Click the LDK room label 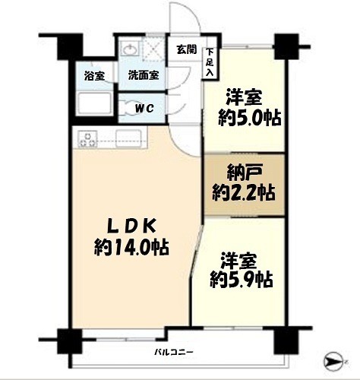point(131,226)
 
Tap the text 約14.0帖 point(131,247)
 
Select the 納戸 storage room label point(244,173)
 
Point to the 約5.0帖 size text point(250,118)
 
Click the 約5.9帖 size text point(242,280)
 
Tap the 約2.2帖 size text point(244,193)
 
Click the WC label point(144,109)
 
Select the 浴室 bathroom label point(94,76)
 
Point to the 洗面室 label point(144,75)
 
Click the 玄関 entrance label point(186,49)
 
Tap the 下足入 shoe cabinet point(210,62)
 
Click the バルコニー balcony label point(174,352)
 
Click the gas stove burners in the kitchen point(87,139)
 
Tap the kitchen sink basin point(128,138)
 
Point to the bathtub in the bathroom point(94,104)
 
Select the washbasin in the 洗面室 point(131,49)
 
